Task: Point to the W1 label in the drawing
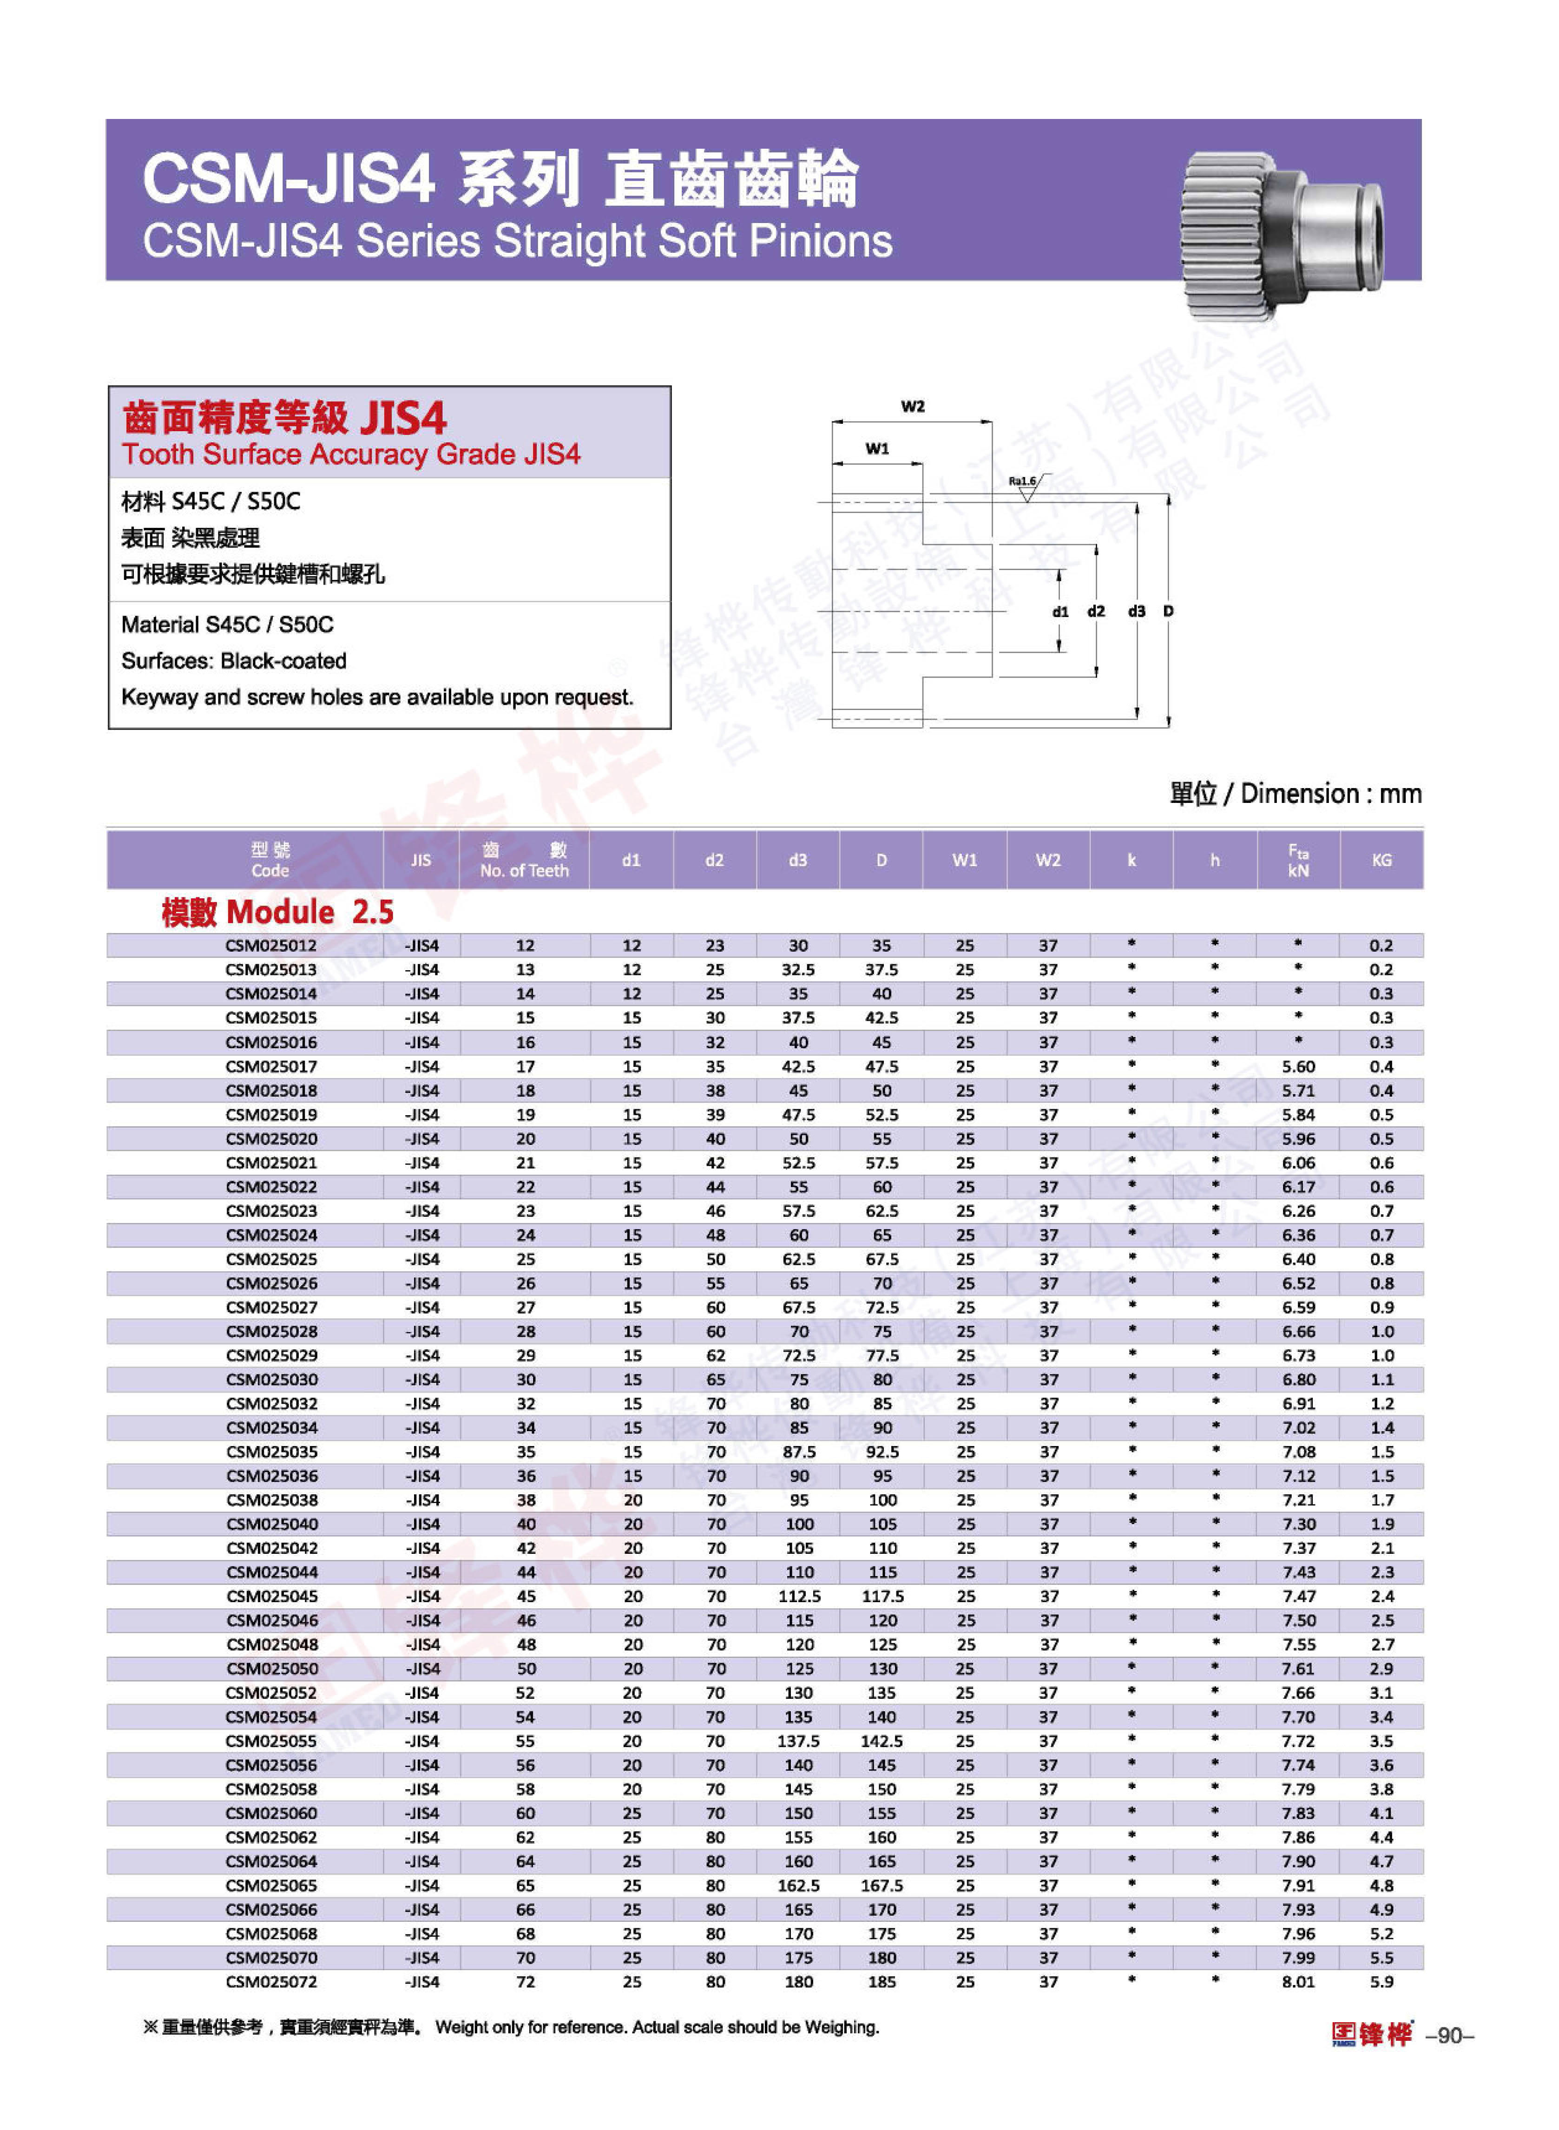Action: [x=877, y=449]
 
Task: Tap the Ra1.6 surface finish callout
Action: [x=1022, y=481]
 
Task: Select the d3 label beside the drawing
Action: [x=1136, y=611]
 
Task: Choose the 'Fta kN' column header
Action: [x=1297, y=860]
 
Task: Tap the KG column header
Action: [x=1381, y=860]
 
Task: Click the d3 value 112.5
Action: [x=798, y=1596]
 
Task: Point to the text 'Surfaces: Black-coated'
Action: [x=234, y=661]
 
